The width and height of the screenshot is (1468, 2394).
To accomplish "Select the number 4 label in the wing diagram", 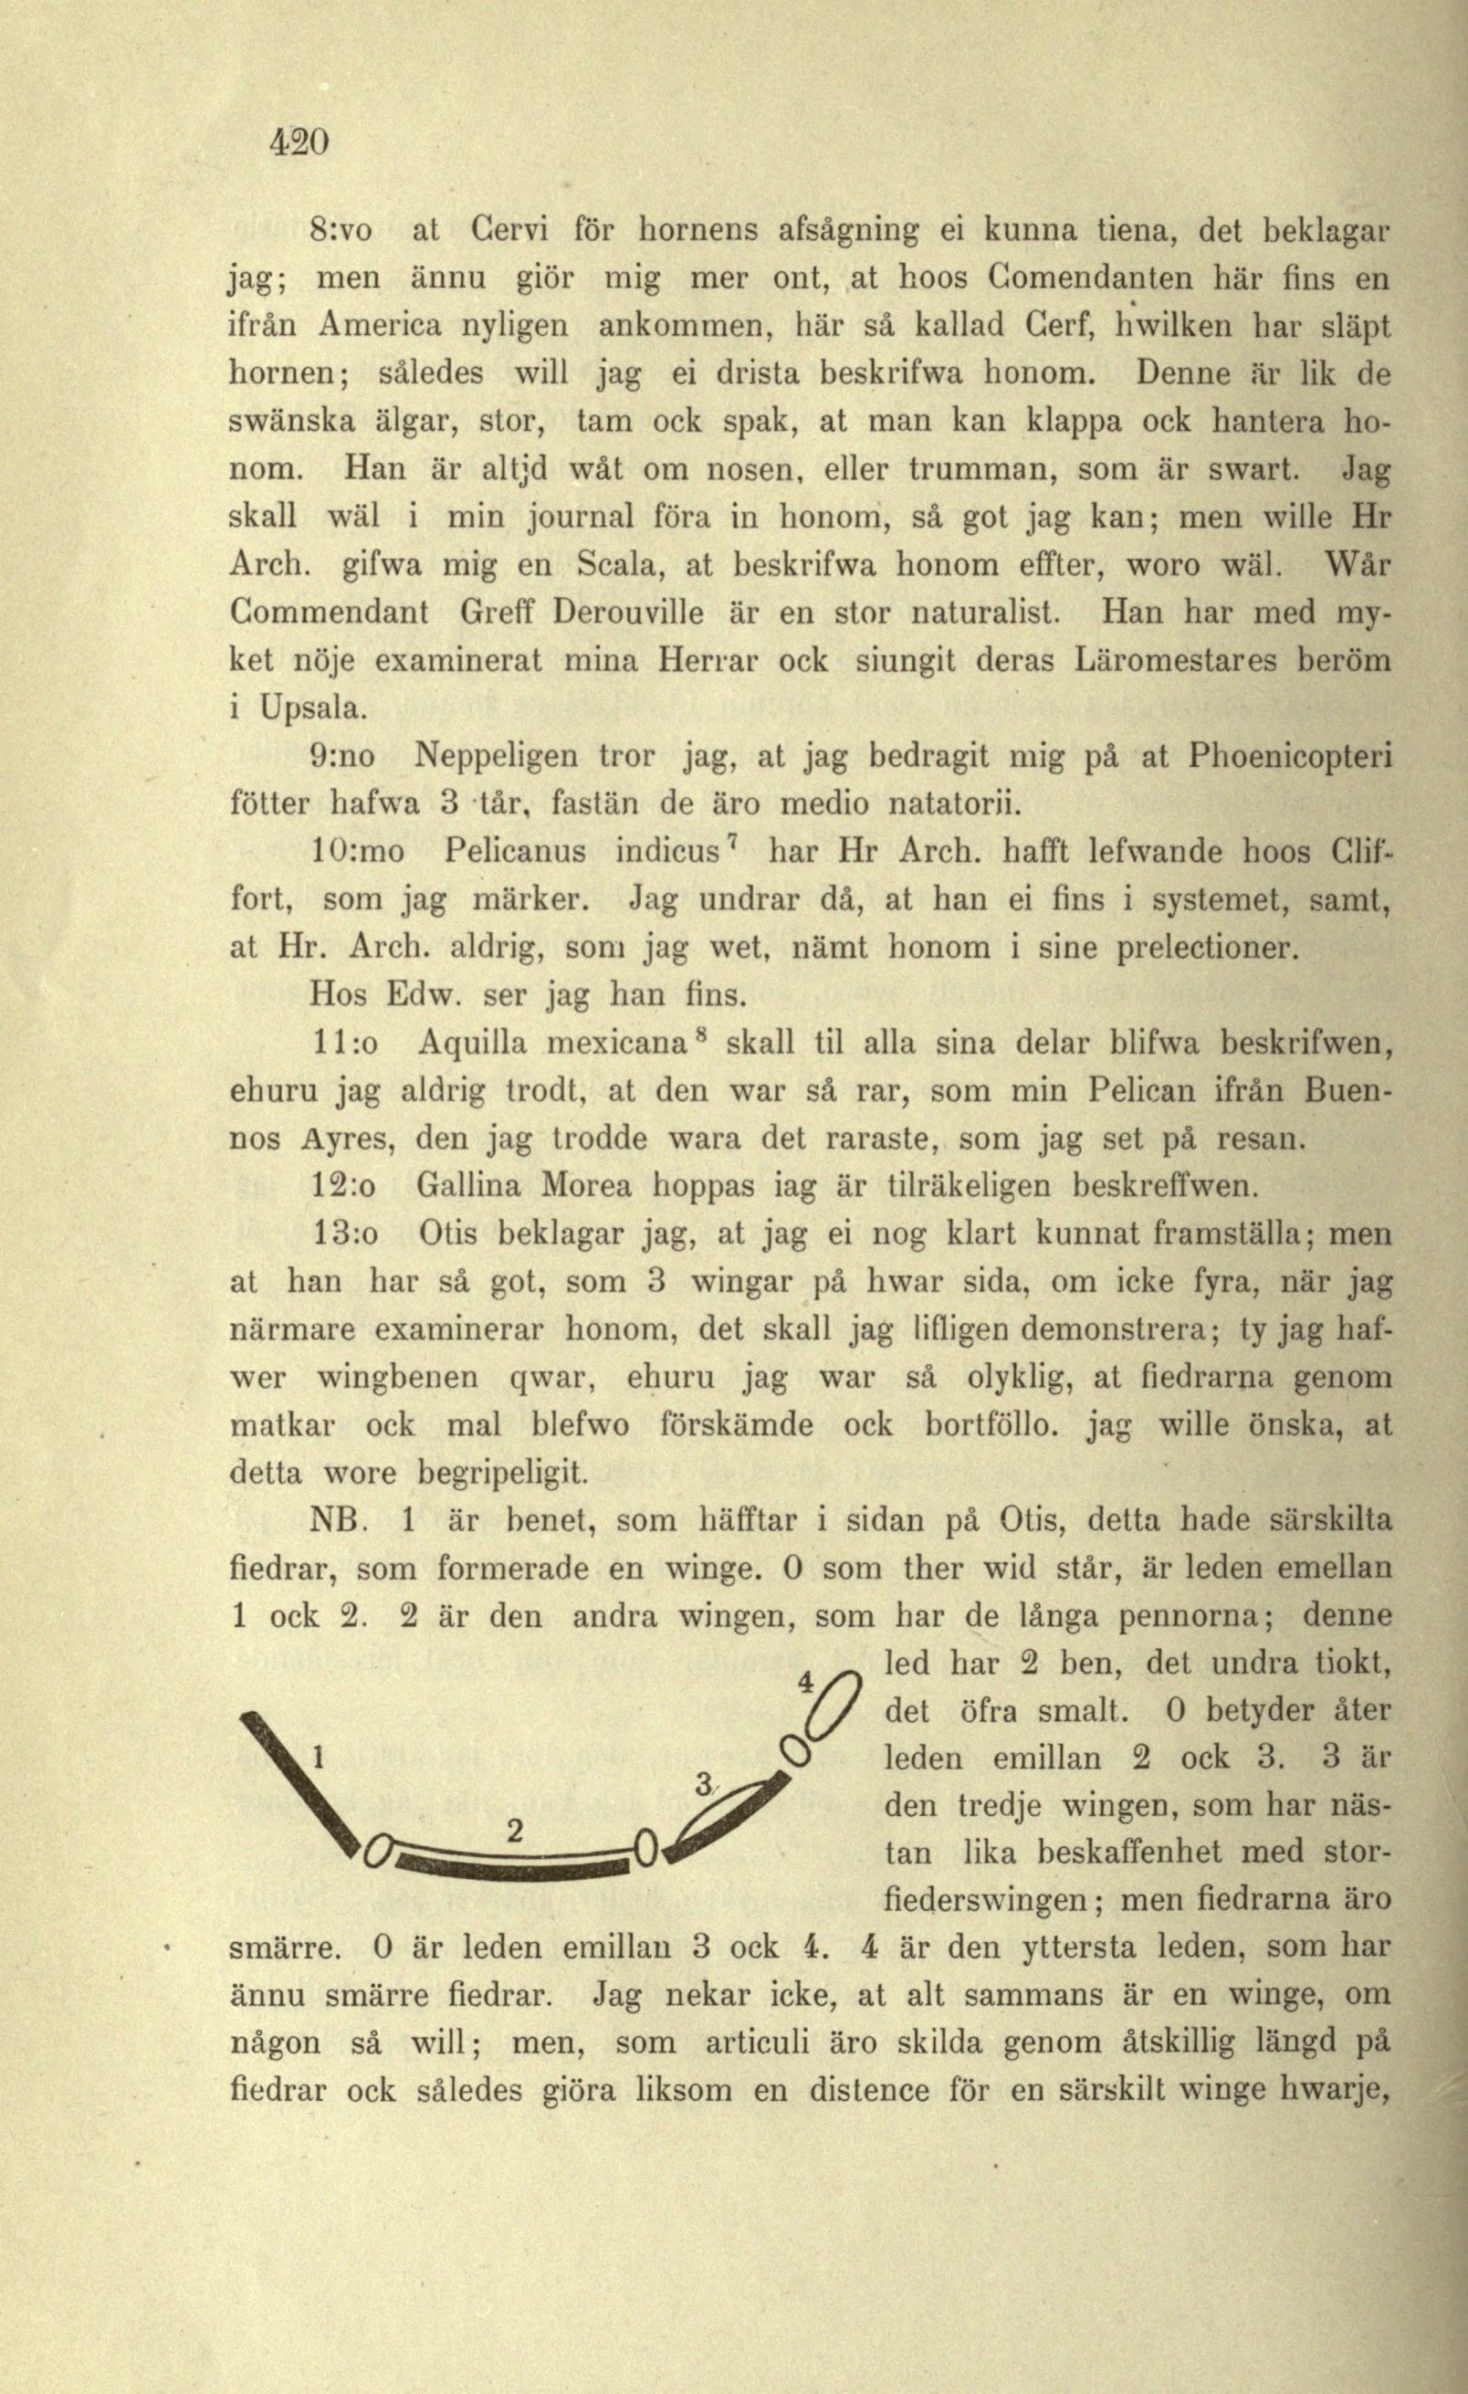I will (803, 1680).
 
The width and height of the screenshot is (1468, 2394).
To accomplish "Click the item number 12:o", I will (345, 1187).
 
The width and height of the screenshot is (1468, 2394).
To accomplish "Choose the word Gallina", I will (473, 1186).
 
